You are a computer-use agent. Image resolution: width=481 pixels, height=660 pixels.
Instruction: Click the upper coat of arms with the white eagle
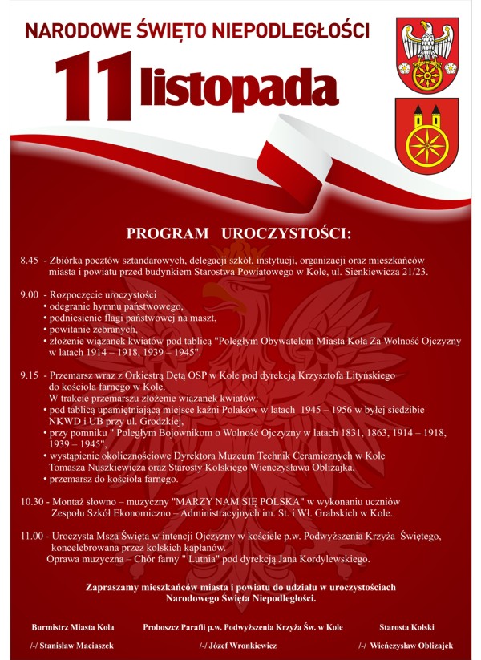427,54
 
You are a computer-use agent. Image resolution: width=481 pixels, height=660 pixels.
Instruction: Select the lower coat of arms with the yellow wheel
426,136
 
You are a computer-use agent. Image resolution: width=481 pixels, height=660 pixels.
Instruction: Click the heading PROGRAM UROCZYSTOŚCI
239,234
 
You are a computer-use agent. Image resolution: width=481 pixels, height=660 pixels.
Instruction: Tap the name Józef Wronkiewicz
241,645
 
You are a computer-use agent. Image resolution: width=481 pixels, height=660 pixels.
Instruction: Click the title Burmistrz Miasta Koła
73,626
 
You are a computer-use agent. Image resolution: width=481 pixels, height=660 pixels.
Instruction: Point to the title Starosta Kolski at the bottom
406,626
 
